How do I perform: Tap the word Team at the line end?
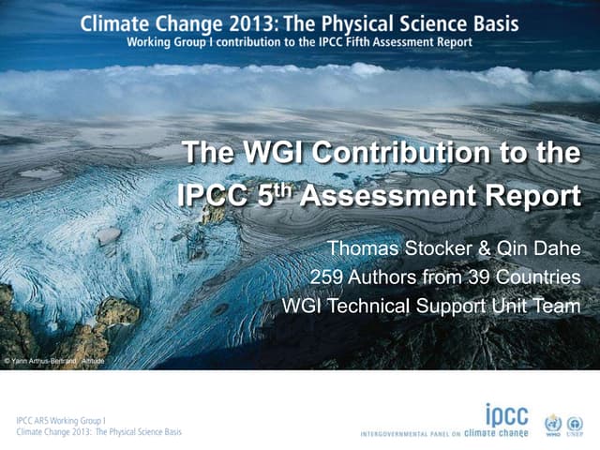559,307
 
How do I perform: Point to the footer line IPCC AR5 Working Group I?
62,421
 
